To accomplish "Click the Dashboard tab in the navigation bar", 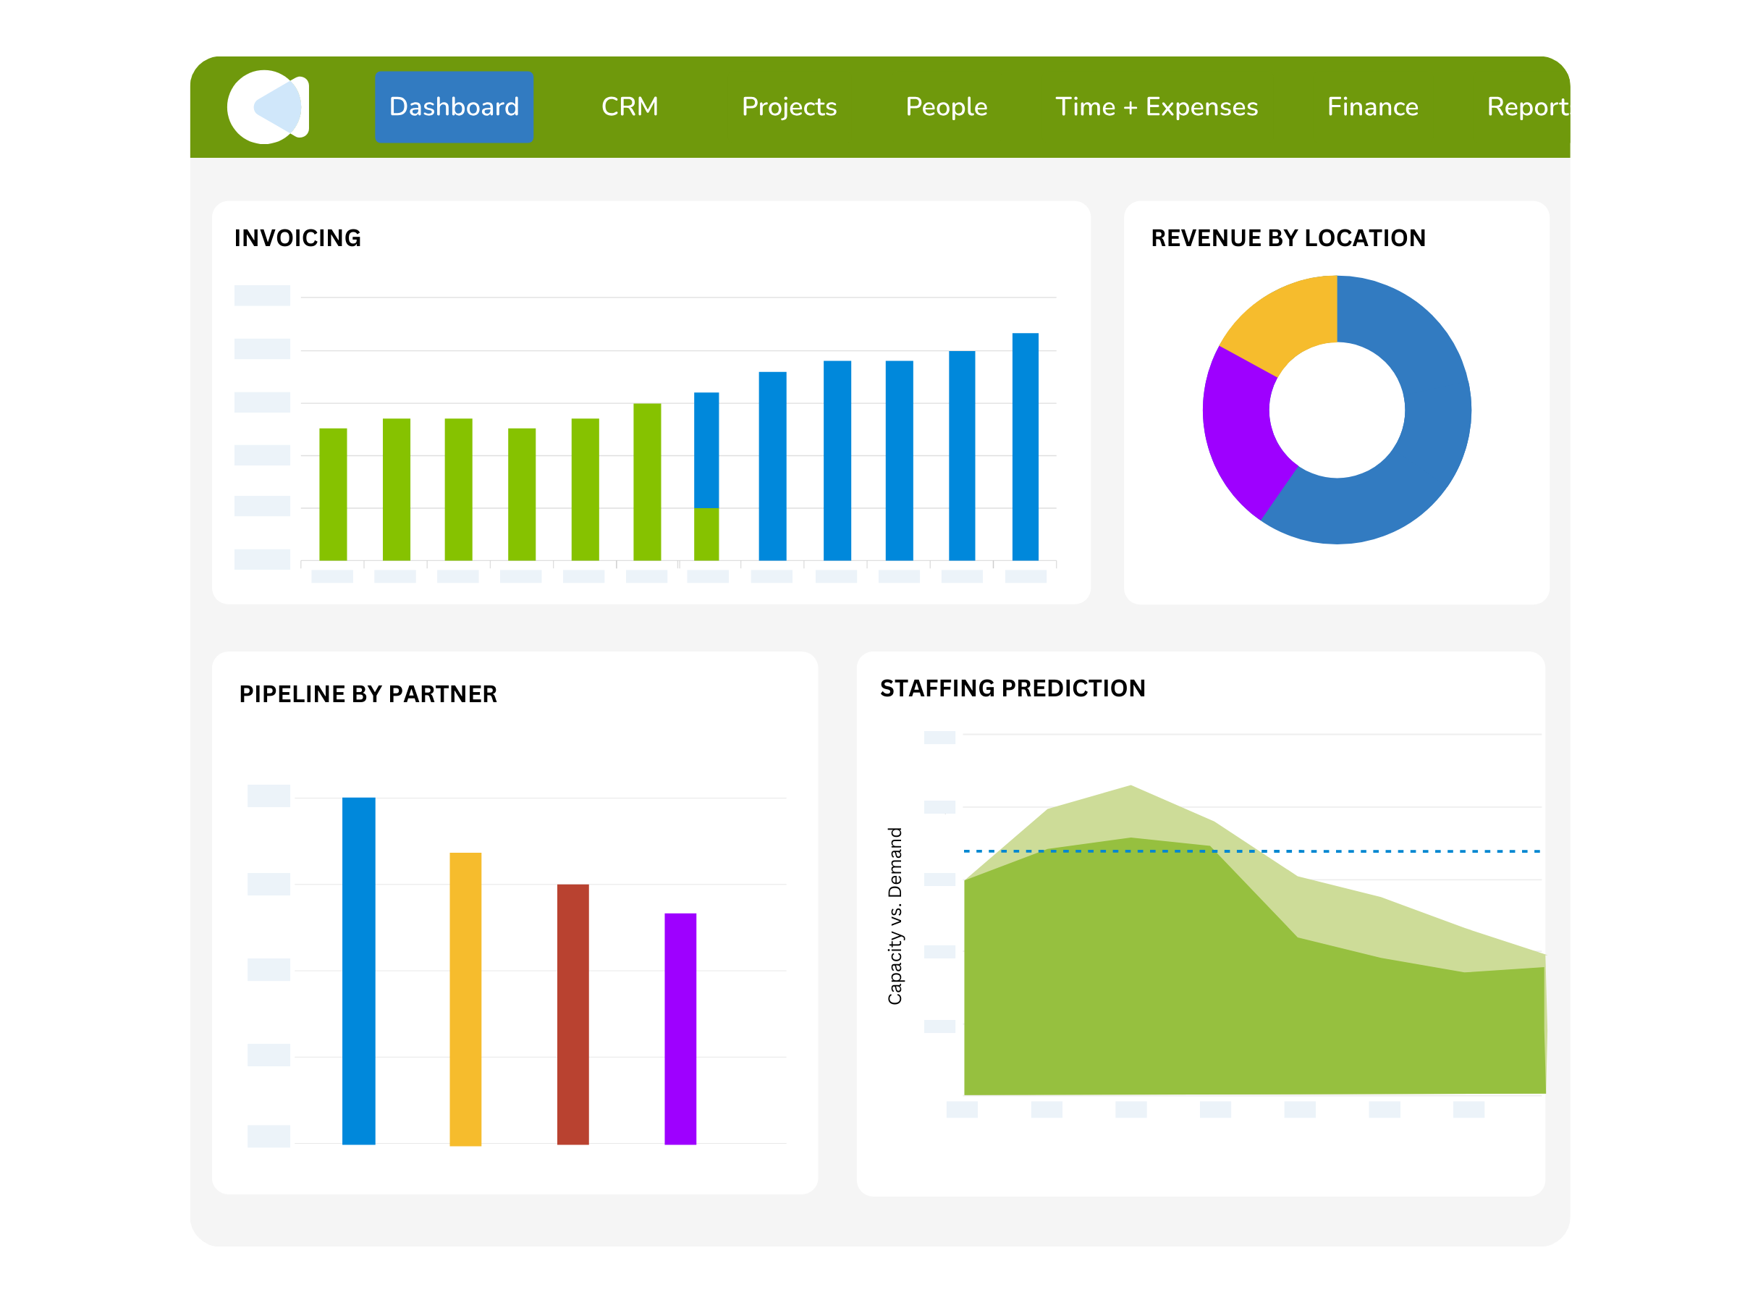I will [x=454, y=107].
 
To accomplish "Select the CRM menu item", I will [x=629, y=107].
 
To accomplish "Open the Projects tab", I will [x=788, y=107].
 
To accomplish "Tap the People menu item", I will [x=945, y=107].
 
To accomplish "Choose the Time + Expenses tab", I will [x=1156, y=107].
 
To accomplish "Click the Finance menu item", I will [x=1372, y=107].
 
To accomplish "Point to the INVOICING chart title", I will [x=297, y=238].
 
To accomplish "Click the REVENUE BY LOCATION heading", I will [x=1288, y=238].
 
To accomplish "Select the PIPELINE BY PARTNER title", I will [x=368, y=694].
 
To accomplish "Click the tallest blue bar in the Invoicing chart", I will [x=1025, y=447].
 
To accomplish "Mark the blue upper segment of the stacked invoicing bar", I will [x=706, y=450].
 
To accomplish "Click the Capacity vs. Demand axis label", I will [x=895, y=916].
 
